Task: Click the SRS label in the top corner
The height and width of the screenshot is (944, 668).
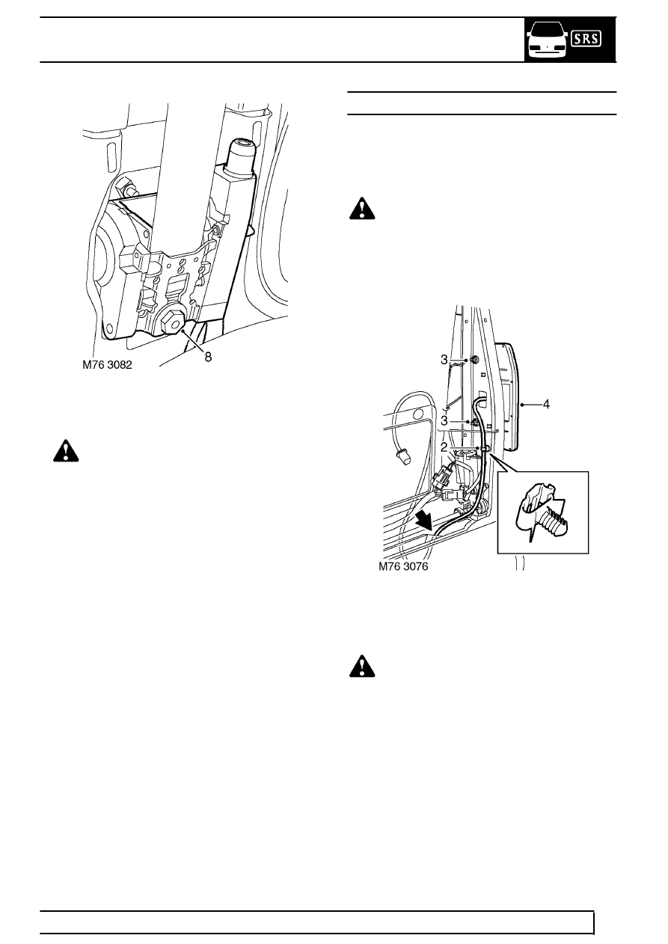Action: [x=586, y=39]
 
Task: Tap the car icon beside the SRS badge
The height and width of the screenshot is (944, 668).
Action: [x=547, y=41]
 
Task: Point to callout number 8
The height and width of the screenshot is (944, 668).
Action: [x=208, y=358]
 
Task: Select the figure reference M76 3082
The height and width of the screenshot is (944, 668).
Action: [x=107, y=364]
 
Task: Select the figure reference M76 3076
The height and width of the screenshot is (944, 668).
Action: [x=403, y=566]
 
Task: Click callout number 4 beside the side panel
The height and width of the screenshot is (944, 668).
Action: [x=546, y=404]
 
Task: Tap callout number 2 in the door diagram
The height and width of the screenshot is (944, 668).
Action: [x=444, y=447]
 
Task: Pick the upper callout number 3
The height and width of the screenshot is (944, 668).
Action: [x=444, y=360]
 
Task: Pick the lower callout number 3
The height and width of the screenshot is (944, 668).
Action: [x=444, y=420]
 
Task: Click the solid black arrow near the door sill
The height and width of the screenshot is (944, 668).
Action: [x=424, y=520]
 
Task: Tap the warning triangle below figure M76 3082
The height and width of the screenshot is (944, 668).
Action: [x=66, y=451]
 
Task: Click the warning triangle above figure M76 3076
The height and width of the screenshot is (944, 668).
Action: [x=362, y=208]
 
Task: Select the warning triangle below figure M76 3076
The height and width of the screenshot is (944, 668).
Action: [x=362, y=666]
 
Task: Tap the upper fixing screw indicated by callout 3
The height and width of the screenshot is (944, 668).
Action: [x=473, y=360]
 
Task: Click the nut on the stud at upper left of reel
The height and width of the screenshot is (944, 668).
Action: [x=125, y=185]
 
